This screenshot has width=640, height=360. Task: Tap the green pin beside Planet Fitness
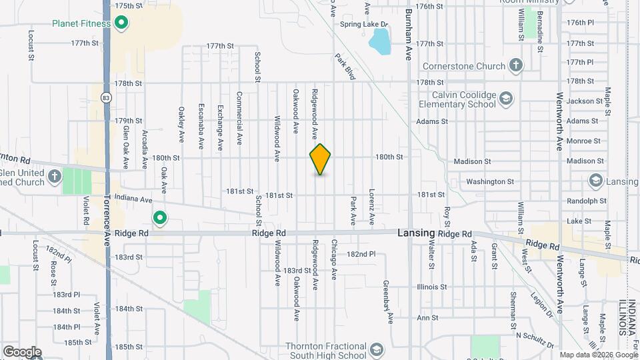[x=121, y=24]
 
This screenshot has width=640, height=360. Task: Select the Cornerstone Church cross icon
[x=515, y=65]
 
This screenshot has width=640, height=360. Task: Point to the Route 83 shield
[x=106, y=97]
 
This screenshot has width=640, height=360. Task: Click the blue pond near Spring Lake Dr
[x=379, y=43]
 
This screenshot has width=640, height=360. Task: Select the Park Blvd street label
[x=345, y=67]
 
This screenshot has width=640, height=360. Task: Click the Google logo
[x=21, y=351]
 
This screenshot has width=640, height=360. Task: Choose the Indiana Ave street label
[x=133, y=199]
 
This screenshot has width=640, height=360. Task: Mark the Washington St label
[x=490, y=181]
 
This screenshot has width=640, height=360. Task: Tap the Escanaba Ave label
[x=201, y=126]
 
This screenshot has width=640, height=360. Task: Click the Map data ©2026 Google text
[x=597, y=355]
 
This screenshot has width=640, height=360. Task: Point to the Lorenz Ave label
[x=372, y=210]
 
